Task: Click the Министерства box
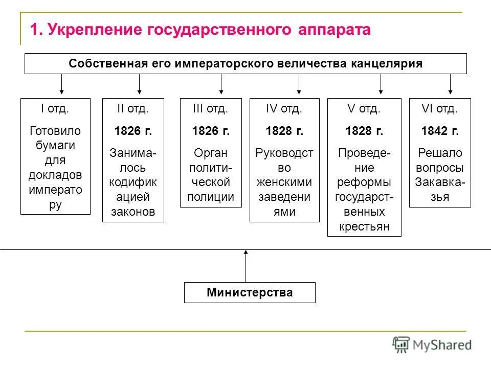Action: [250, 292]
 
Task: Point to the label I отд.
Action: [55, 109]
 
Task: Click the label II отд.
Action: [133, 109]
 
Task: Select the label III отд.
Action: [210, 109]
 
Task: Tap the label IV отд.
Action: [284, 109]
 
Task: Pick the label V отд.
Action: [364, 109]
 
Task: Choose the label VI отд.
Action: [440, 109]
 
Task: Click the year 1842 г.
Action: [440, 131]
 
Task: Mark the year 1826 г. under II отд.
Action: [133, 131]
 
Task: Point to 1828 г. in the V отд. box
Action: [364, 131]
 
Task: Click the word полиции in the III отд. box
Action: [211, 197]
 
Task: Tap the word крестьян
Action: [364, 226]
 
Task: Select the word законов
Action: [133, 212]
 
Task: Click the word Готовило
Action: [55, 131]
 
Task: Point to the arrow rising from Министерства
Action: [245, 266]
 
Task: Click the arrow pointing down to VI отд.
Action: [450, 84]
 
